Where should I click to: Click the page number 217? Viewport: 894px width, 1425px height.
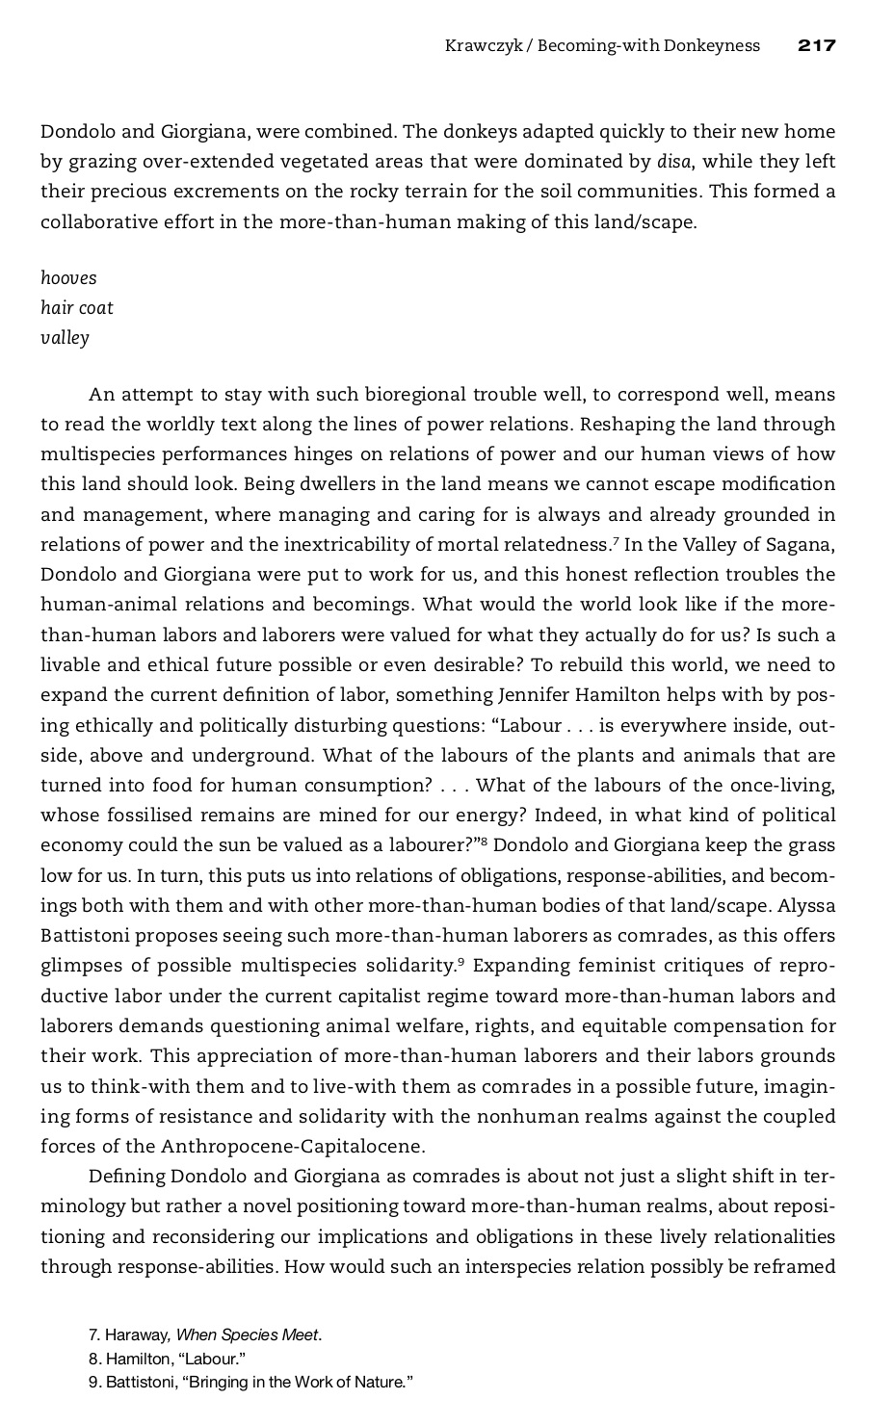point(816,45)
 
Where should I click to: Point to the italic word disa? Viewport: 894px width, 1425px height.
point(673,161)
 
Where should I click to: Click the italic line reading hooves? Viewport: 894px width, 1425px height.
point(68,278)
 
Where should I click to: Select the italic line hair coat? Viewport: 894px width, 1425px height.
point(77,308)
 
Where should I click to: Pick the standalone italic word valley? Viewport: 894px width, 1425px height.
point(65,338)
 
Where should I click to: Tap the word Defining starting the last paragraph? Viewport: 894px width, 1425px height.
point(126,1176)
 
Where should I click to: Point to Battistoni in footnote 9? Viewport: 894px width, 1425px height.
point(140,1382)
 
